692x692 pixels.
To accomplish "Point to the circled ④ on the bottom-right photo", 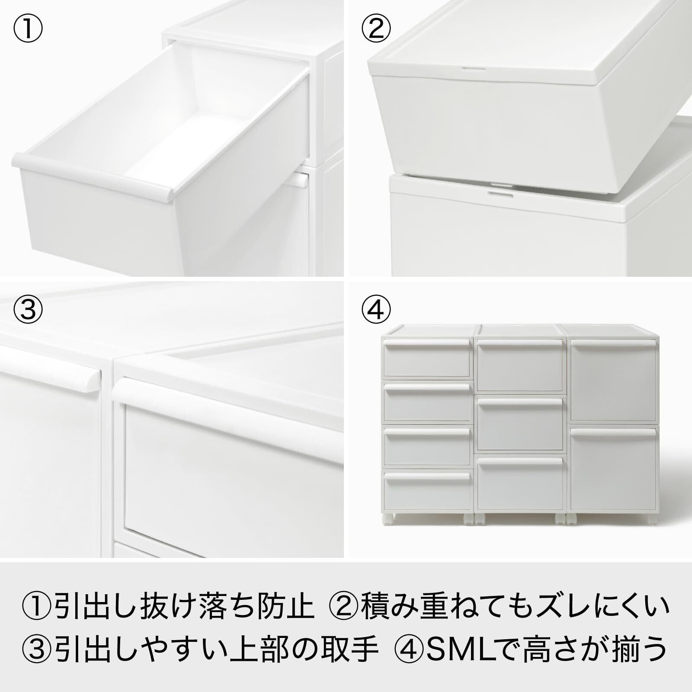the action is click(376, 309).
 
